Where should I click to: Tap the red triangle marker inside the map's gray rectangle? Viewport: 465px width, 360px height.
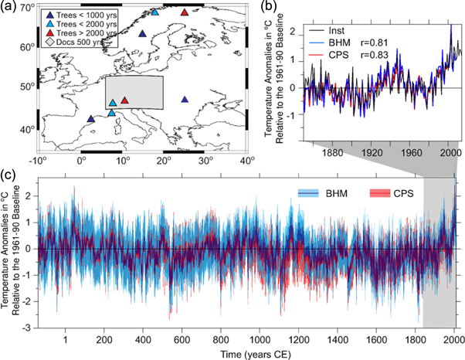click(x=124, y=100)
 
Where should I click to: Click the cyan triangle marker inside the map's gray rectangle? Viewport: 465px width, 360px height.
click(x=113, y=103)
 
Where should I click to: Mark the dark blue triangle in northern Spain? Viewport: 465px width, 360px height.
click(x=91, y=119)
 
